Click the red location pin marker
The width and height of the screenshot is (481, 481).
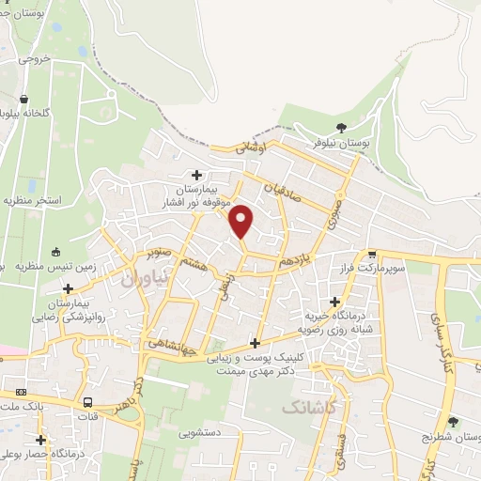(241, 220)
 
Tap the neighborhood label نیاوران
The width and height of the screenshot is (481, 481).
(148, 278)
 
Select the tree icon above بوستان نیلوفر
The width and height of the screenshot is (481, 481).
(340, 128)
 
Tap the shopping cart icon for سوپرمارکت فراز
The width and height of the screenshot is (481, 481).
(372, 254)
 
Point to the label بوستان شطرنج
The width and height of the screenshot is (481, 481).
(452, 438)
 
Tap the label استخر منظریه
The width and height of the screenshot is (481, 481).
(32, 200)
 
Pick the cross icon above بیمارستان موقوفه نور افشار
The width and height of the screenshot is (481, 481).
(196, 174)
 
